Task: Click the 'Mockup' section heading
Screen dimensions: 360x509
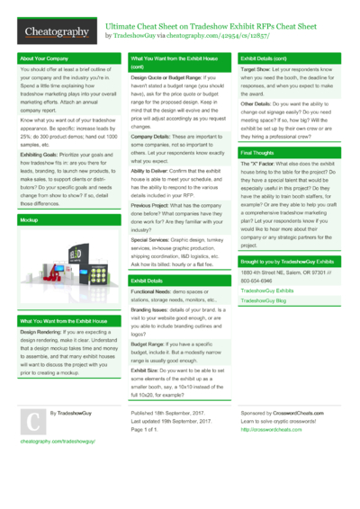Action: tap(29, 219)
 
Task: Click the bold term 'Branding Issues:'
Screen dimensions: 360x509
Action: tap(151, 309)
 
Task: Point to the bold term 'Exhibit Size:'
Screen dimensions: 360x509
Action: tap(145, 370)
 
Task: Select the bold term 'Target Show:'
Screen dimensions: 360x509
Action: tap(256, 67)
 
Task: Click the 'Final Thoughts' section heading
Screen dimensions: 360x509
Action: tap(257, 153)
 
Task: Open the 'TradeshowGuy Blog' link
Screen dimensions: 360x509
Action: tap(263, 301)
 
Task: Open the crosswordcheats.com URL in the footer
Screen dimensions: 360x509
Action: tap(271, 430)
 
